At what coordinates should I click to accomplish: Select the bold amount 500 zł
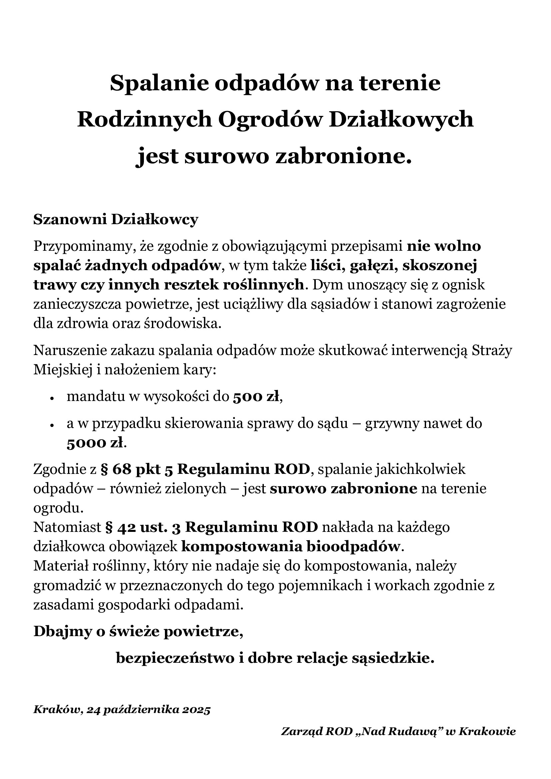click(257, 397)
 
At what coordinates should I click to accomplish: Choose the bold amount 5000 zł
click(95, 443)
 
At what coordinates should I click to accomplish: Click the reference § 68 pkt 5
click(137, 469)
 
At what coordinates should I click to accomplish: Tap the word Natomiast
click(67, 527)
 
